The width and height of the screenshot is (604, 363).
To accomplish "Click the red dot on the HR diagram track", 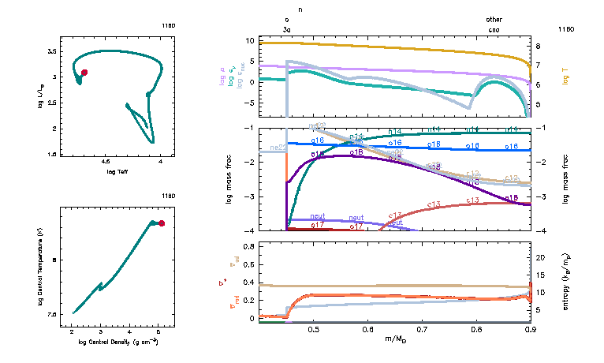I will click(x=84, y=72).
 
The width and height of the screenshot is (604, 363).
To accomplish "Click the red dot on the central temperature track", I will click(x=162, y=223).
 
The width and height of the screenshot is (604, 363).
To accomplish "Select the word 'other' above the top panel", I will click(x=494, y=20).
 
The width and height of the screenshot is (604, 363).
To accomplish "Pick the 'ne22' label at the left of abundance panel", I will click(x=278, y=148).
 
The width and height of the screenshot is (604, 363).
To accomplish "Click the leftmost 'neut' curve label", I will click(x=318, y=215).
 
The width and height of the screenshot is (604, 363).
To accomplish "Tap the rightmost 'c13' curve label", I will click(x=473, y=200).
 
